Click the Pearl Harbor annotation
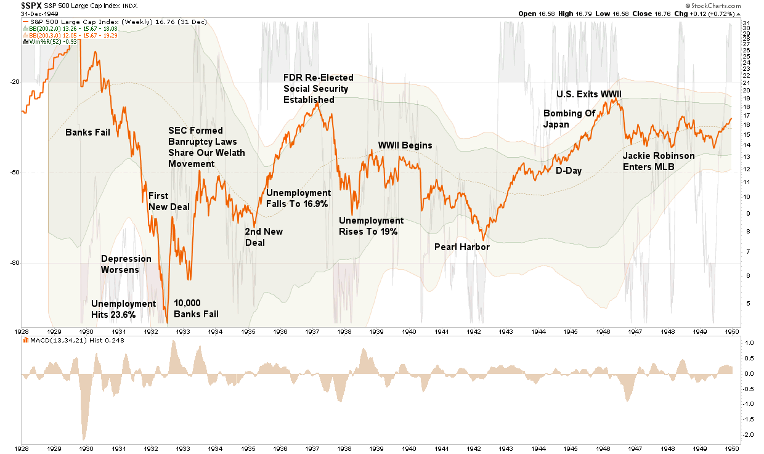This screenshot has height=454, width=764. pyautogui.click(x=461, y=247)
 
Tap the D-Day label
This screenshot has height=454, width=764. pyautogui.click(x=569, y=171)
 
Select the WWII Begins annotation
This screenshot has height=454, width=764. pyautogui.click(x=405, y=145)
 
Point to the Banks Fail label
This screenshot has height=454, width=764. pyautogui.click(x=87, y=132)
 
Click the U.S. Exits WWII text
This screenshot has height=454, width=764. pyautogui.click(x=589, y=94)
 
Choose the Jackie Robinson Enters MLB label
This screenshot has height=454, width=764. pyautogui.click(x=658, y=161)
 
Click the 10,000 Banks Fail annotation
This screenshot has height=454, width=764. pyautogui.click(x=196, y=309)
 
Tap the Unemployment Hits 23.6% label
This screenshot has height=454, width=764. pyautogui.click(x=123, y=309)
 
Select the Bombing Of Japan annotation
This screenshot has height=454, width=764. pyautogui.click(x=569, y=118)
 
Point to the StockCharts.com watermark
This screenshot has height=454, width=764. pyautogui.click(x=733, y=6)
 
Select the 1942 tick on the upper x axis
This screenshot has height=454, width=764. pyautogui.click(x=474, y=331)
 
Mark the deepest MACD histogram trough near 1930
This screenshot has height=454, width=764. pyautogui.click(x=83, y=439)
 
